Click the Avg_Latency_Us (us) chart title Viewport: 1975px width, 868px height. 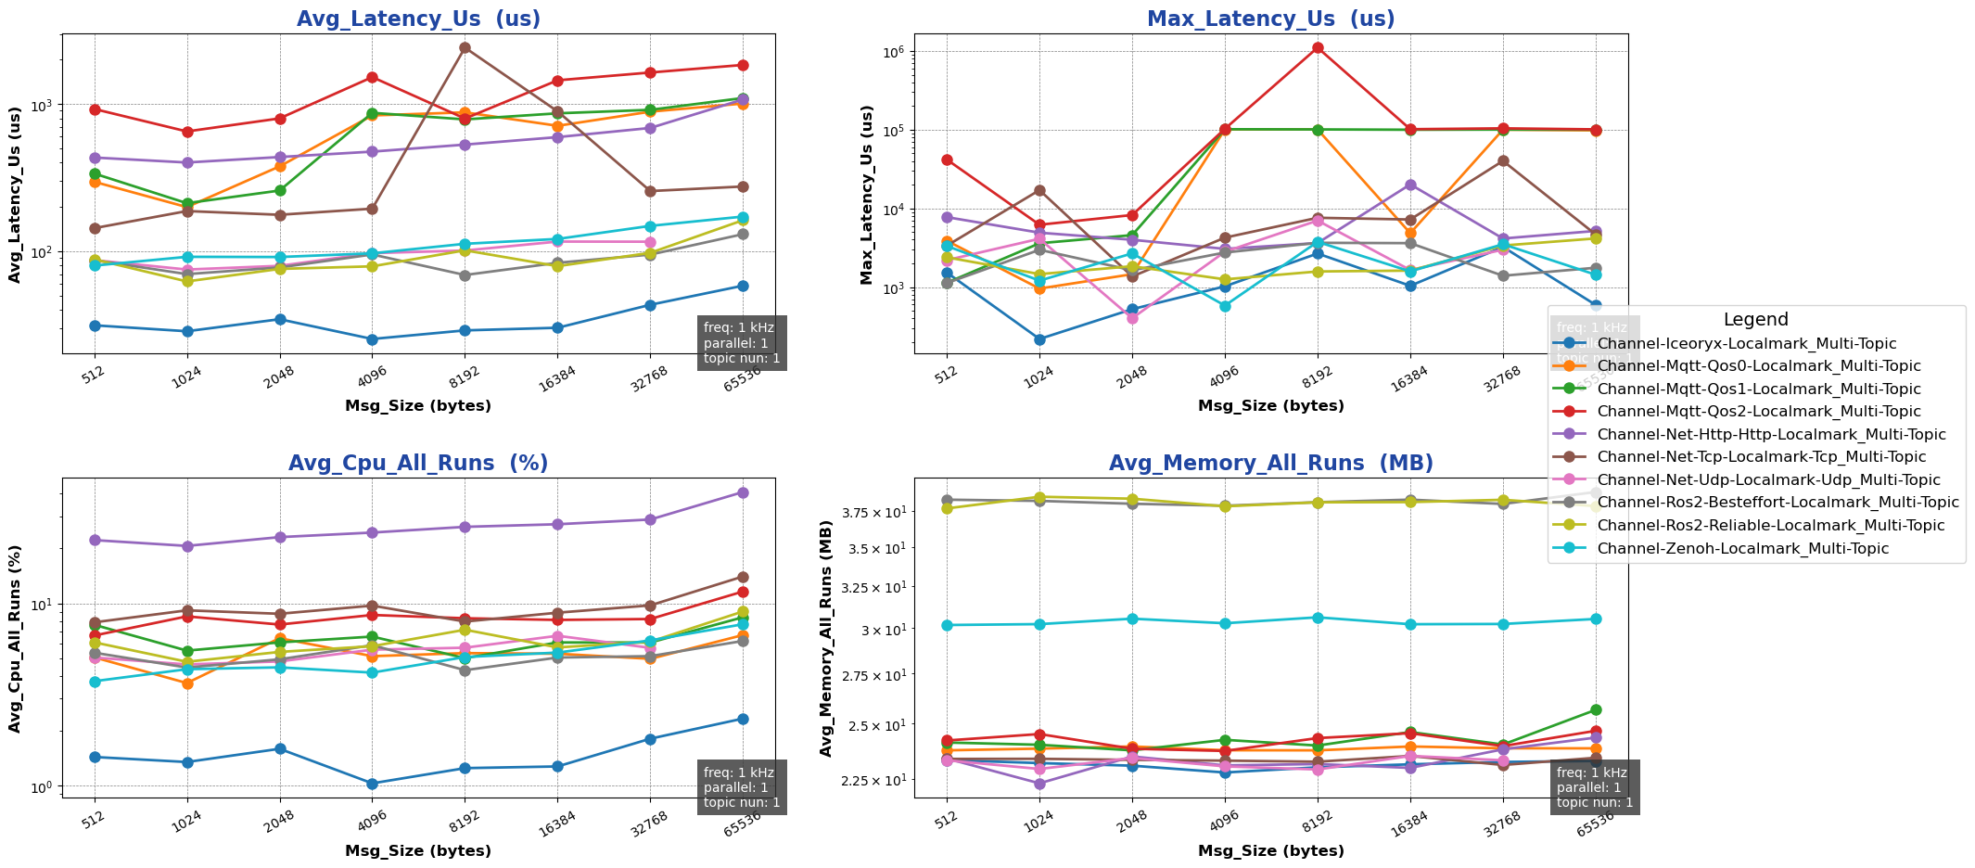pos(418,19)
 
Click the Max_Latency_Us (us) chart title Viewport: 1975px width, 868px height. pos(1270,19)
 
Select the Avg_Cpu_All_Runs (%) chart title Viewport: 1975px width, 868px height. pos(418,464)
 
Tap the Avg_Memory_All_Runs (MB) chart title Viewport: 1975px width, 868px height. pos(1270,464)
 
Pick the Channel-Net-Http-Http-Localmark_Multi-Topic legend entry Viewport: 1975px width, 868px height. pos(1771,435)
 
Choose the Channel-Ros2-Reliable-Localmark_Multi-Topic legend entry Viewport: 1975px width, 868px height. pos(1771,526)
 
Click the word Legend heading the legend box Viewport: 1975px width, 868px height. pos(1755,320)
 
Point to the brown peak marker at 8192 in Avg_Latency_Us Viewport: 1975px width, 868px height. pos(465,48)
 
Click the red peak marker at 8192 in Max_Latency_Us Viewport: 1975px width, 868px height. pos(1318,48)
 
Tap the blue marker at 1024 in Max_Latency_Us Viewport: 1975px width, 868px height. pos(1039,339)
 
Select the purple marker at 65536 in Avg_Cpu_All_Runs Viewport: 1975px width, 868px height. pos(743,492)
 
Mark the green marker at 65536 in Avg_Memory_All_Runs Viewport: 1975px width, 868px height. pos(1596,710)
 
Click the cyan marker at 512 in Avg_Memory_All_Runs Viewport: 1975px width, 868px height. pos(947,625)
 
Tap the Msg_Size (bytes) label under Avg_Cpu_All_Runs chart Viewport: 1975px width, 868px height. pos(418,850)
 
